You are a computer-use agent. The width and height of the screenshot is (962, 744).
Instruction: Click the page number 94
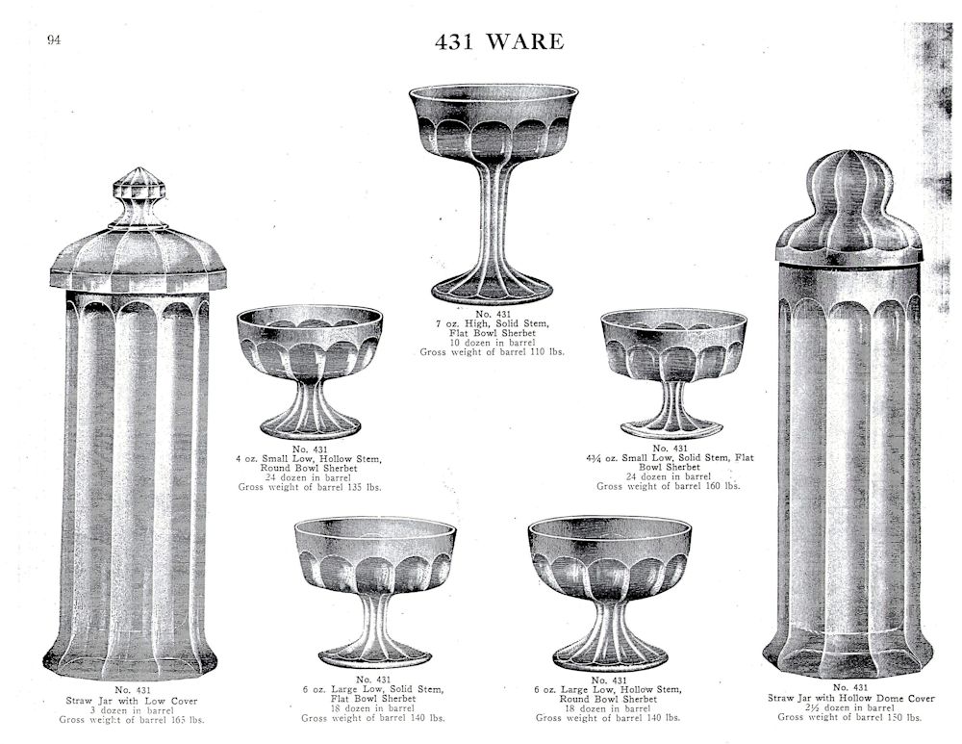54,40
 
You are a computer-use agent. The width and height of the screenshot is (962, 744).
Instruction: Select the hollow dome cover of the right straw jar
849,208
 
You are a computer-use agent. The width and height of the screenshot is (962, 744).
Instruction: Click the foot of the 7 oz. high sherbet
492,291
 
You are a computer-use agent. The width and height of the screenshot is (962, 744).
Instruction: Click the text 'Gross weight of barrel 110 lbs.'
492,352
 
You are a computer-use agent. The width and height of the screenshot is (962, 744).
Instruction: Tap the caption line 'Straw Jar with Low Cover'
132,701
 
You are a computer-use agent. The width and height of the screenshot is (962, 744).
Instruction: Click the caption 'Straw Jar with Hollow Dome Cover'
851,698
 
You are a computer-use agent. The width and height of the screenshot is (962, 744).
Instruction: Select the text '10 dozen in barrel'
492,343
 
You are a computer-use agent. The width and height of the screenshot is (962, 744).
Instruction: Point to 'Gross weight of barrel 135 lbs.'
309,487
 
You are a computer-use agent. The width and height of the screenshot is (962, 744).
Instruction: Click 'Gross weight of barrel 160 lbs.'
669,486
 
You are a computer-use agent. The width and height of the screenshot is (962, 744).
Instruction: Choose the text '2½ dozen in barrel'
851,707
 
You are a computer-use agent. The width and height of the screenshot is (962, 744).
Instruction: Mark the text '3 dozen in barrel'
132,710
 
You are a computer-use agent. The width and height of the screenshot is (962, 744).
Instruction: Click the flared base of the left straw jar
130,656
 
